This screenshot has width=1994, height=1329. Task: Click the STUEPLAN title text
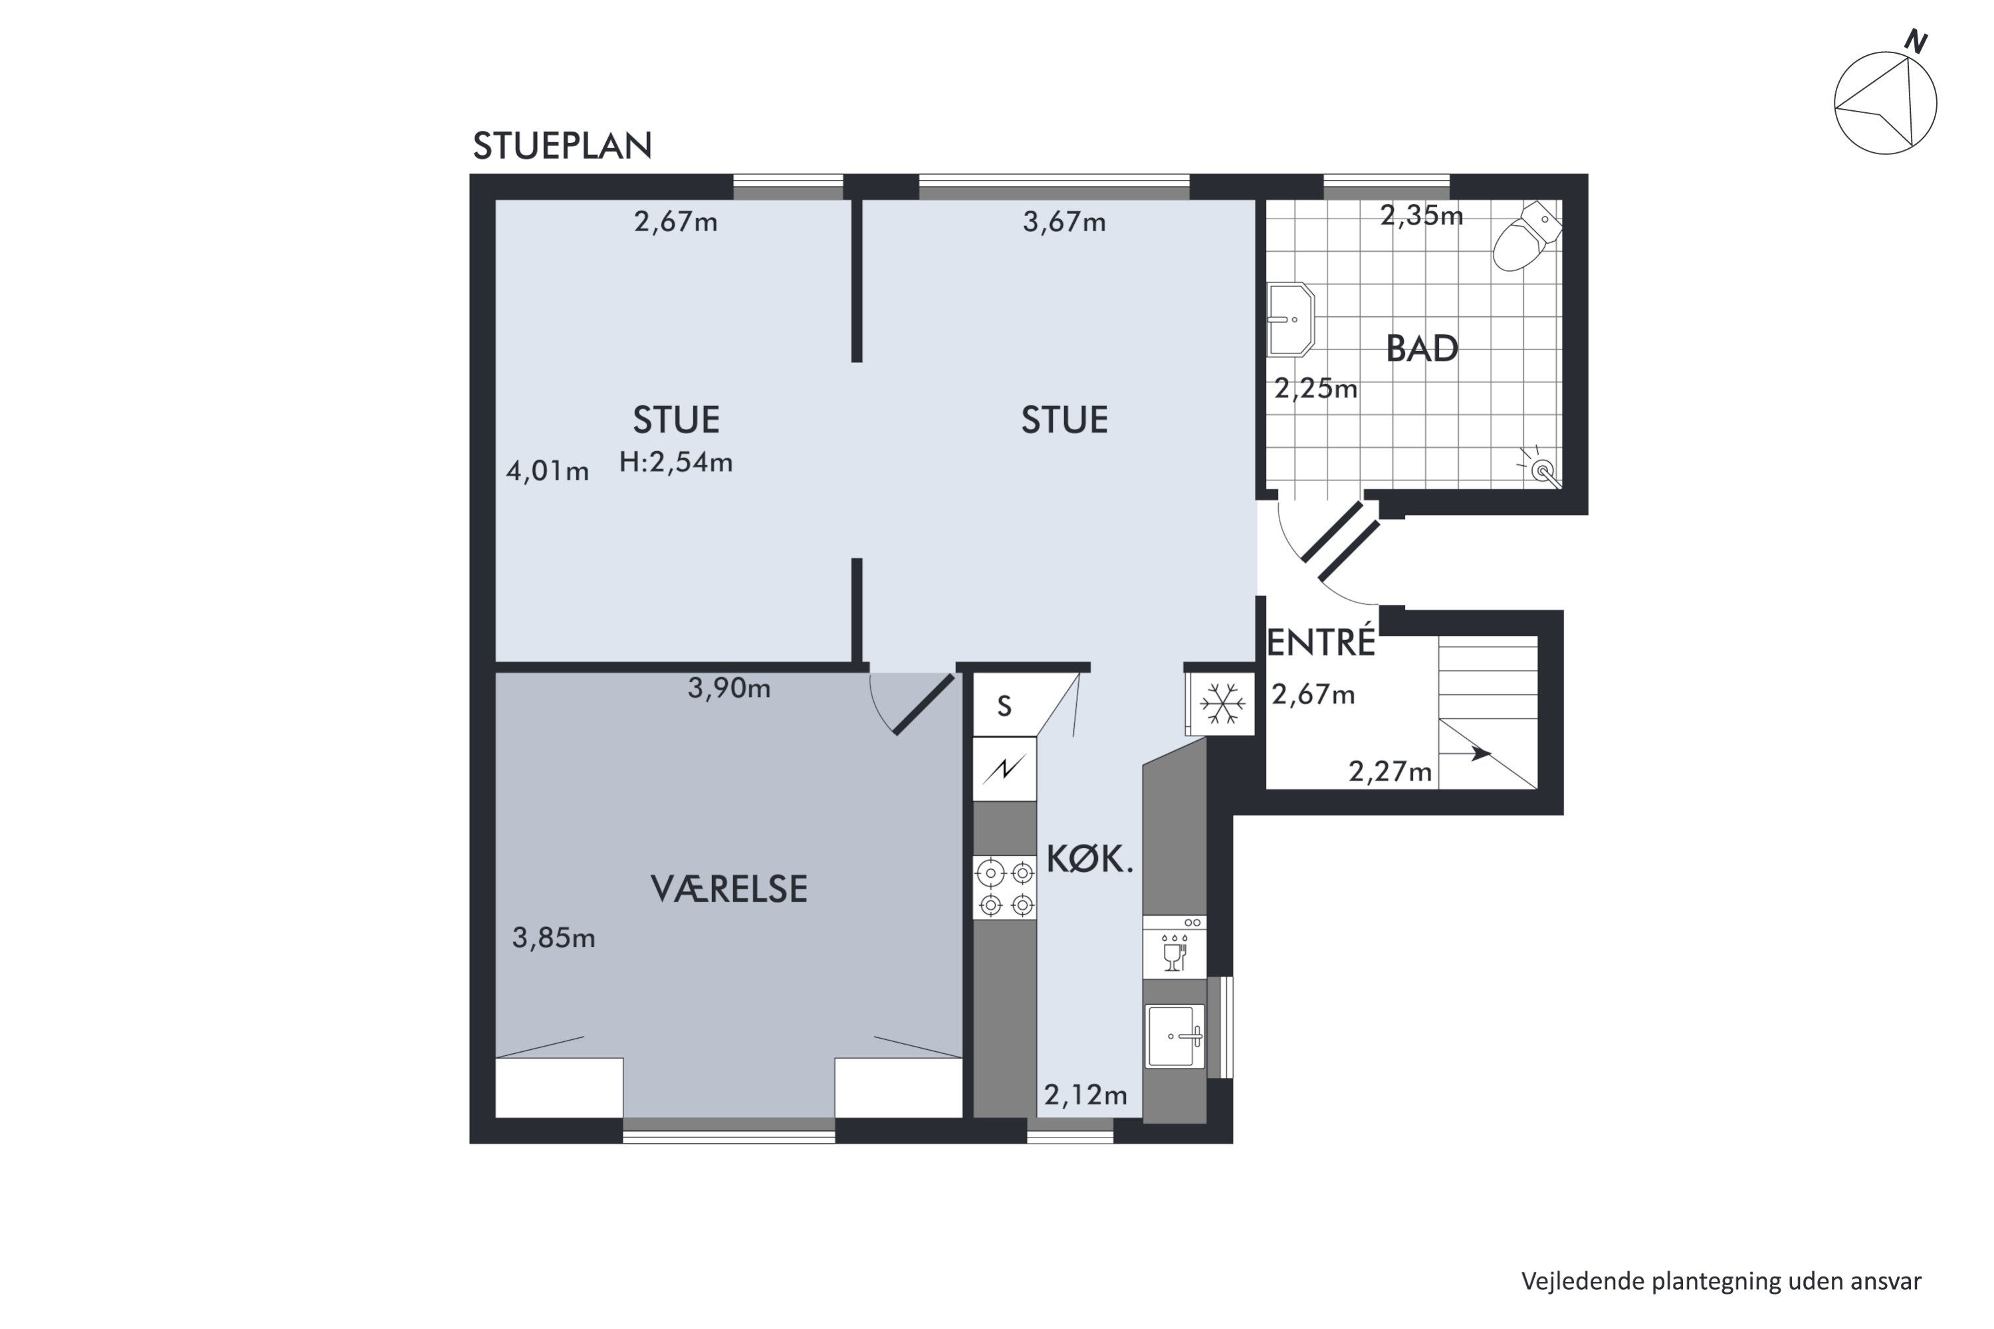pos(562,146)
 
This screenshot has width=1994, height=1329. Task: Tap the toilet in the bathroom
pos(1527,236)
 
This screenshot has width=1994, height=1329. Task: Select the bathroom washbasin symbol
pos(1290,320)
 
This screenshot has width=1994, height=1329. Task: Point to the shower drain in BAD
pos(1542,468)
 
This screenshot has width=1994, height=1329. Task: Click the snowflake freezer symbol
pos(1222,704)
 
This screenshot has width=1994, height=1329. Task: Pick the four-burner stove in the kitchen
pos(1006,887)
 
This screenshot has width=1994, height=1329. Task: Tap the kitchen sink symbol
pos(1175,1036)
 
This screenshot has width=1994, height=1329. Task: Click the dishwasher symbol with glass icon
pos(1174,948)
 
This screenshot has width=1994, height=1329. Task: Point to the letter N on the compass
pos(1914,41)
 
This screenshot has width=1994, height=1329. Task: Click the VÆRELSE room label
pos(729,888)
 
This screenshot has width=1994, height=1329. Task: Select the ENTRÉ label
pos(1320,642)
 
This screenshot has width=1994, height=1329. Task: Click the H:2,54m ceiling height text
pos(676,462)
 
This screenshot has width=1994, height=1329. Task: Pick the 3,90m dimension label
pos(729,688)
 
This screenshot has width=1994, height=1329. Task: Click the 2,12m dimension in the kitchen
pos(1085,1095)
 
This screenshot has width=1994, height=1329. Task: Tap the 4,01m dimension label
pos(547,470)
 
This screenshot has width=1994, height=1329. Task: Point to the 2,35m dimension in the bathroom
pos(1422,216)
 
